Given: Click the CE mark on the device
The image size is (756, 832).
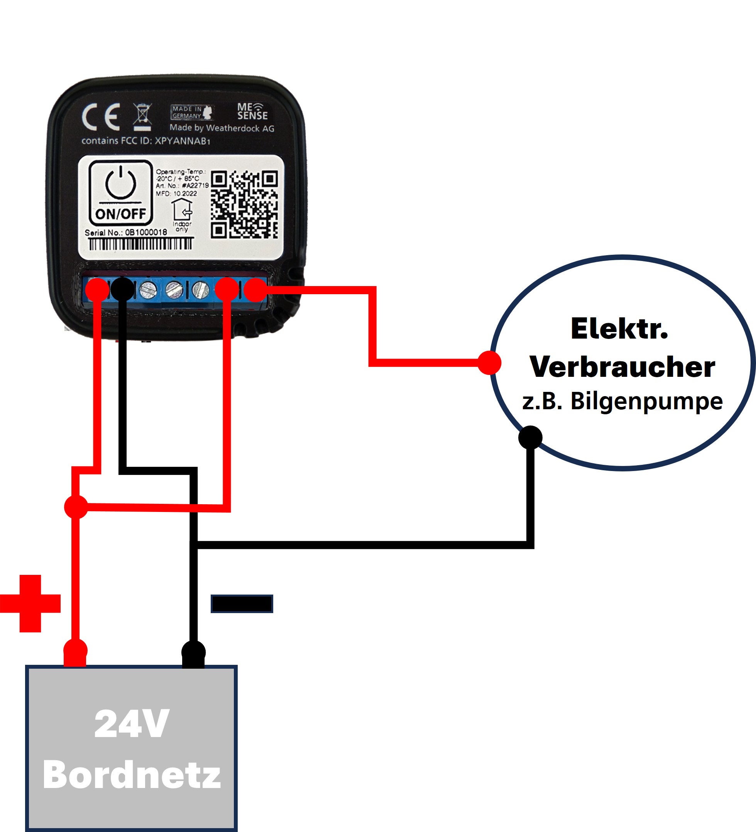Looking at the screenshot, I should point(101,117).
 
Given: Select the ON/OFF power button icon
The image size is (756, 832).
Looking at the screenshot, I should point(120,192).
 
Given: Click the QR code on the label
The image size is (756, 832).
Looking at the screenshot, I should point(244,204).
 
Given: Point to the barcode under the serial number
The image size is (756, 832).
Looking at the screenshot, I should point(140,244).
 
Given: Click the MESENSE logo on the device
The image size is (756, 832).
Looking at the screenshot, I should point(252,112).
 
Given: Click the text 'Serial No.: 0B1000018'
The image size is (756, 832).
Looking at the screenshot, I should point(126,233).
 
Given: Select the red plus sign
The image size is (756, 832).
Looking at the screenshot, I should point(30,604).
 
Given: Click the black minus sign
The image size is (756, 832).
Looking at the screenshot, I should point(242,604).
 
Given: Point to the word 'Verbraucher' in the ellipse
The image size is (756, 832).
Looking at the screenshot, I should point(622,366).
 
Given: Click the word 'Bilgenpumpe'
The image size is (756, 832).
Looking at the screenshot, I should point(646,401).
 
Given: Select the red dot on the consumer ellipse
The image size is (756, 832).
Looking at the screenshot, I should point(490,363).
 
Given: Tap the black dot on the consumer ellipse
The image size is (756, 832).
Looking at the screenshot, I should point(530,437).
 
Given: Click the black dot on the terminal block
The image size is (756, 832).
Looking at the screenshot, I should point(122,289).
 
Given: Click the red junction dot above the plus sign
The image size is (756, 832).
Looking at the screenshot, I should point(76,507).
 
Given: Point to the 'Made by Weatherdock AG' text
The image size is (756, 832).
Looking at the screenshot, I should point(222,128).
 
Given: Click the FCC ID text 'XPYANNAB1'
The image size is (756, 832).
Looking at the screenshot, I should point(182,141).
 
